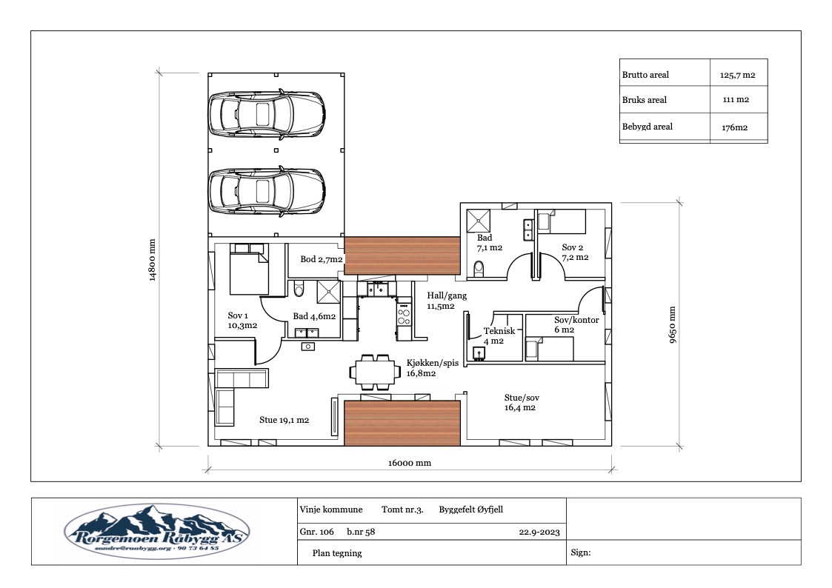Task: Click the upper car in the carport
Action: [267, 114]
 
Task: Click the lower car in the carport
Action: [267, 191]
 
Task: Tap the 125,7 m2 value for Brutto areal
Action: [738, 76]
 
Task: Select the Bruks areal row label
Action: [644, 100]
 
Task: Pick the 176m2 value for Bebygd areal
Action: [734, 127]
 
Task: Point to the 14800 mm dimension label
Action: [153, 261]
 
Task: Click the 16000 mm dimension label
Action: [409, 463]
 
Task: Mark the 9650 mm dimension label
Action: [672, 324]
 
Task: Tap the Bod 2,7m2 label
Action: [322, 259]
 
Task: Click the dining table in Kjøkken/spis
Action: [375, 372]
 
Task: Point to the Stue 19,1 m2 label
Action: [284, 420]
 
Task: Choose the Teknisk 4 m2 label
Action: [499, 335]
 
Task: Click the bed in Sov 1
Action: [250, 270]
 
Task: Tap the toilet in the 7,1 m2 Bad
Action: [479, 270]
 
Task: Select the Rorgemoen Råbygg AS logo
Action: [156, 532]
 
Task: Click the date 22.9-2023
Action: [539, 532]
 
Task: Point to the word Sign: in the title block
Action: [581, 552]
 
